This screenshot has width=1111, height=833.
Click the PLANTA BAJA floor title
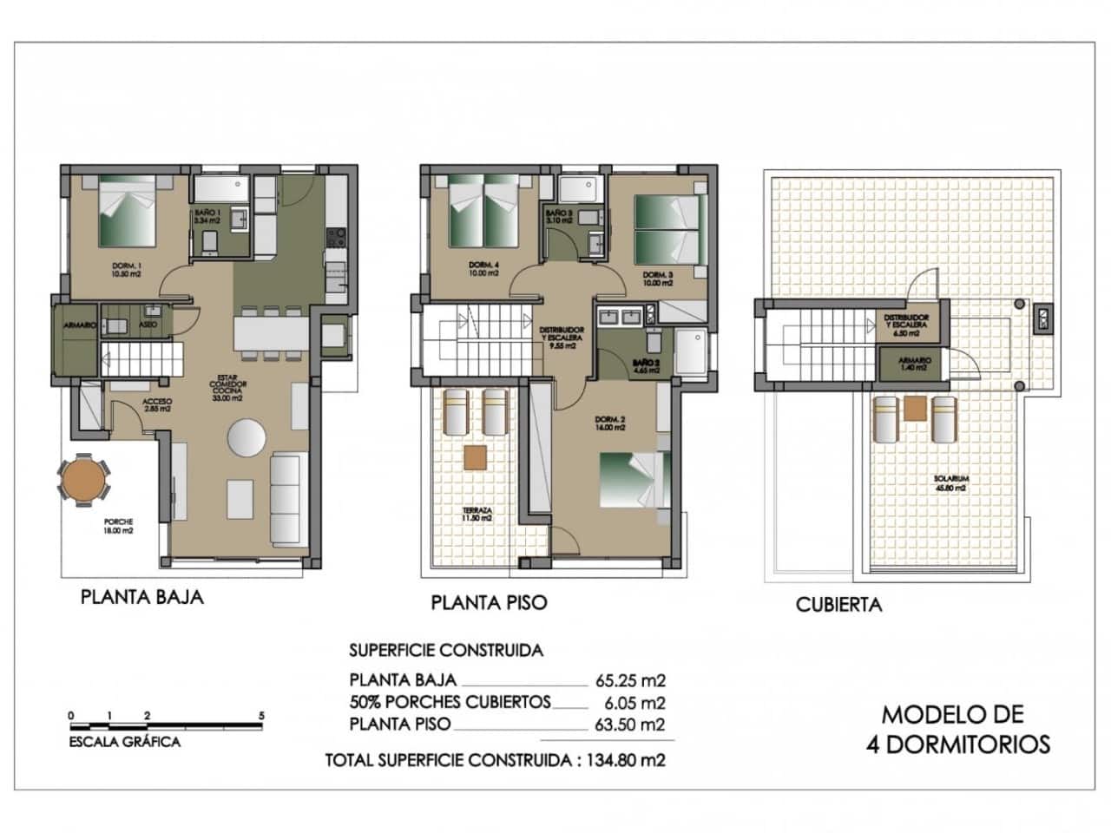142,597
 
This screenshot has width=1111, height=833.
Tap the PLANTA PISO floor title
489,602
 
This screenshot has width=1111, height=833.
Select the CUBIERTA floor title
838,605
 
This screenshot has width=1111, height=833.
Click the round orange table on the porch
84,480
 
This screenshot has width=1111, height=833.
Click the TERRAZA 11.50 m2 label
478,515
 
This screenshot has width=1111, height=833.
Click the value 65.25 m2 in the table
630,681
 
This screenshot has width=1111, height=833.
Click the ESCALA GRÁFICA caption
125,742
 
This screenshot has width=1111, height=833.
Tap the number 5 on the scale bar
261,716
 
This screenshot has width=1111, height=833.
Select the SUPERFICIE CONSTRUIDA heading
445,650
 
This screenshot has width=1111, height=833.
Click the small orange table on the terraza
475,456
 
